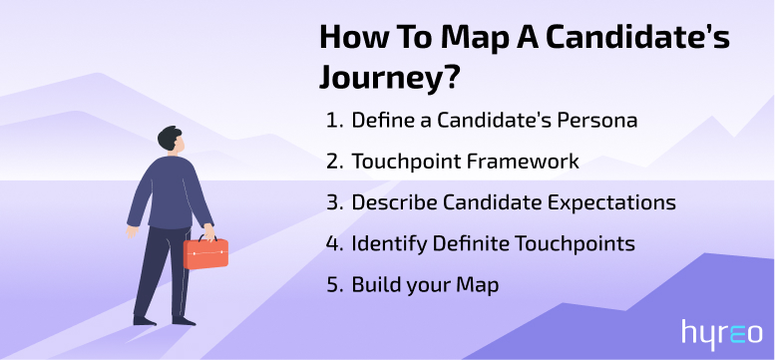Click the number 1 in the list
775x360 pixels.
330,121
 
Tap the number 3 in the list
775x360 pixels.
331,202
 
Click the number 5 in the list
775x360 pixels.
331,284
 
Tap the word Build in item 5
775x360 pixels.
374,284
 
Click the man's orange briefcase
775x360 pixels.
205,252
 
